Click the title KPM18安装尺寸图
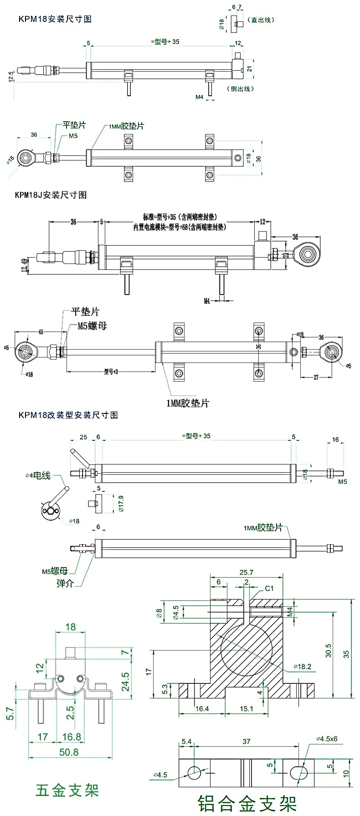(55, 19)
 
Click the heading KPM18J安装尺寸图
(51, 195)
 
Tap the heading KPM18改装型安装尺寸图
(68, 415)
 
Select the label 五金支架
(67, 790)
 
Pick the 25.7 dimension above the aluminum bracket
(246, 573)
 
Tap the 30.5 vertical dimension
(329, 653)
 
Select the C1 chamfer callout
(269, 589)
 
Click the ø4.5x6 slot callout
(327, 739)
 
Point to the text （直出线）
(261, 20)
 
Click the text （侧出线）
(240, 88)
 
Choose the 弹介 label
(65, 583)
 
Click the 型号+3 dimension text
(111, 372)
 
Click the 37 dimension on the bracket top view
(247, 742)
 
